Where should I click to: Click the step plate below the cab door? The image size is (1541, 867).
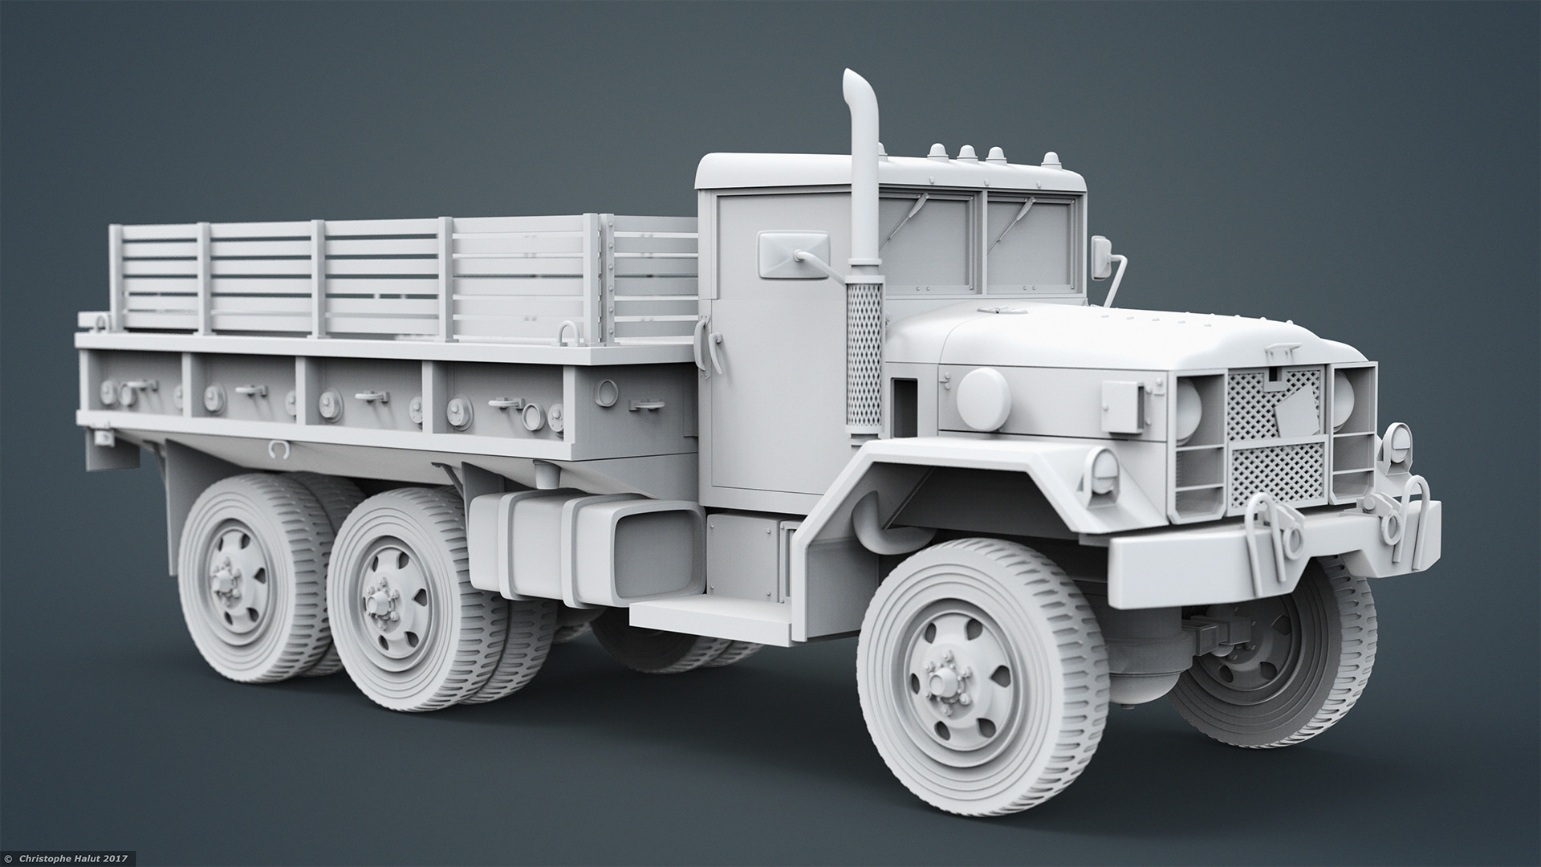(x=706, y=614)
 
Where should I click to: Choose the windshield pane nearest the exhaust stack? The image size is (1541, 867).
(x=931, y=245)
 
